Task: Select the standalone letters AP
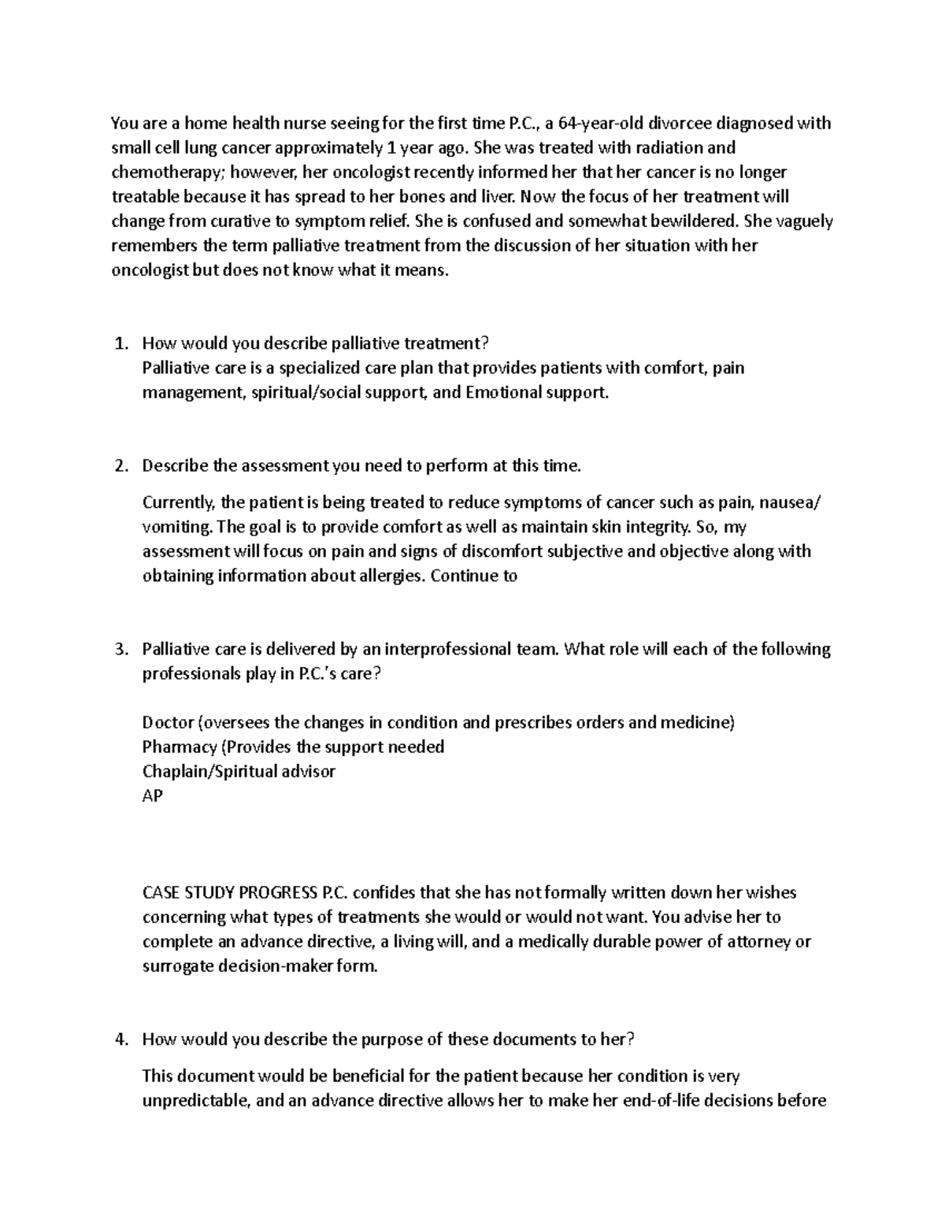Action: click(152, 795)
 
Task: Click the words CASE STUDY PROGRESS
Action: click(229, 893)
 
